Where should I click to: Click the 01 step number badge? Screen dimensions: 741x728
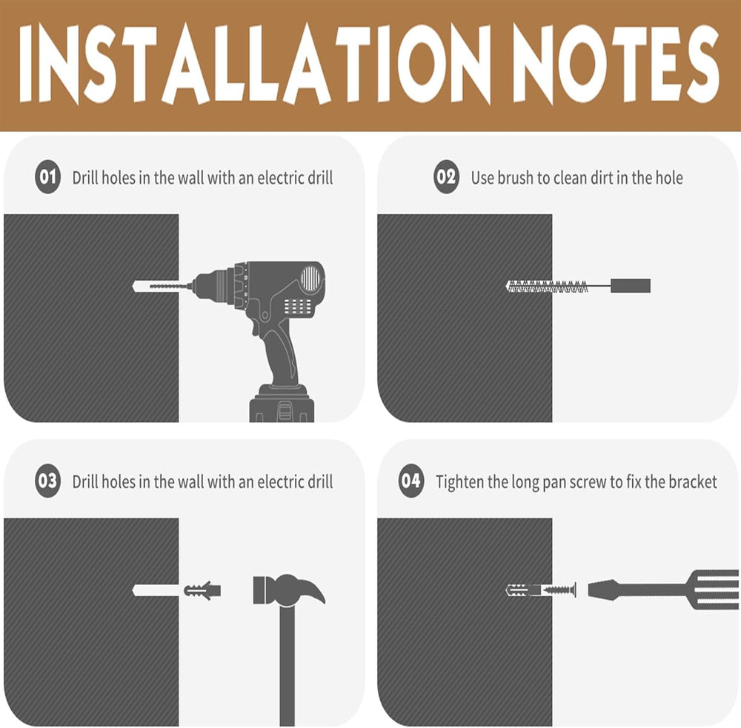point(47,177)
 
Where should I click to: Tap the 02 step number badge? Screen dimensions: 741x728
point(447,177)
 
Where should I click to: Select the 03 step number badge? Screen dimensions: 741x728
point(47,481)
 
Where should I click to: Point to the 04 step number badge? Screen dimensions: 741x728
point(411,481)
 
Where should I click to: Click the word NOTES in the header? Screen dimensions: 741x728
point(615,64)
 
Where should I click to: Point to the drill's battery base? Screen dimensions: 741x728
point(282,404)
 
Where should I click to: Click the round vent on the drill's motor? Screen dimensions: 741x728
point(310,278)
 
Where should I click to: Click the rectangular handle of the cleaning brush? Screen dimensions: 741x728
point(631,286)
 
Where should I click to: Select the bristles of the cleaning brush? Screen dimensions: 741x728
point(547,286)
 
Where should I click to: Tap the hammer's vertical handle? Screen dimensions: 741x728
point(288,665)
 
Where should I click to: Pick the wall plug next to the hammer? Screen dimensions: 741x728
point(202,590)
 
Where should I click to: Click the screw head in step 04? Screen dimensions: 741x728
point(574,590)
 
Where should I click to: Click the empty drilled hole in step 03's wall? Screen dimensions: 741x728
point(156,590)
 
